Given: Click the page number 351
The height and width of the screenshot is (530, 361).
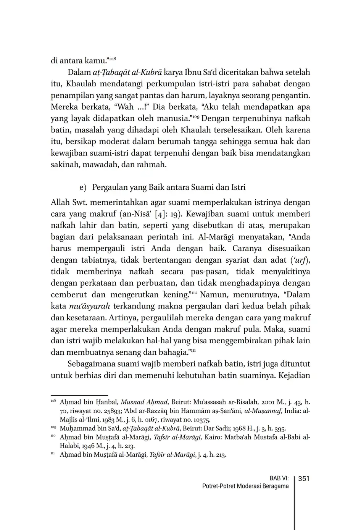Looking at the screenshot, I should click(x=303, y=479).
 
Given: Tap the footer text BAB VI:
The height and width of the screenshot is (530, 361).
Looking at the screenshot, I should click(x=279, y=479).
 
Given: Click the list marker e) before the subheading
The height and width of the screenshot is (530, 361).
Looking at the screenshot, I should click(x=83, y=187).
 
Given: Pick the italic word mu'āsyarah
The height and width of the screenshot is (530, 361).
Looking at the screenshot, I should click(x=90, y=306).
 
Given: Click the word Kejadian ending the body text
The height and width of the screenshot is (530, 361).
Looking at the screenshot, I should click(x=294, y=375).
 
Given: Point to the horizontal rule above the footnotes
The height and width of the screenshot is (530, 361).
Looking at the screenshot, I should click(x=79, y=396).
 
